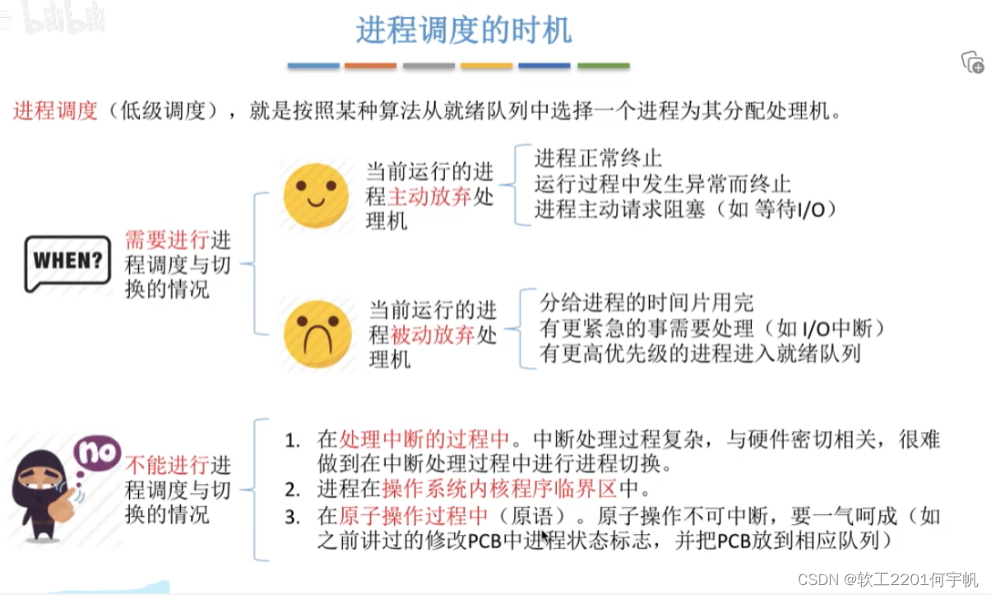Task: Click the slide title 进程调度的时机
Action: point(463,30)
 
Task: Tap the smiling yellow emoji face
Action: point(316,196)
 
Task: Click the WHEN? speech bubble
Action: point(67,262)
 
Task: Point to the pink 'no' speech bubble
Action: point(97,452)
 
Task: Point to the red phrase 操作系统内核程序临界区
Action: point(499,489)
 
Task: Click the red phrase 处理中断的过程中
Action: point(425,438)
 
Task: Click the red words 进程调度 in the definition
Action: point(55,110)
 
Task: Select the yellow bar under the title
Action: point(486,66)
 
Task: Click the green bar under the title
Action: point(603,66)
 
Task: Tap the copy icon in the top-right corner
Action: point(972,63)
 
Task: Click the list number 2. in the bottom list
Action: point(293,490)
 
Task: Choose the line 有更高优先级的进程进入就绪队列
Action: point(700,354)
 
